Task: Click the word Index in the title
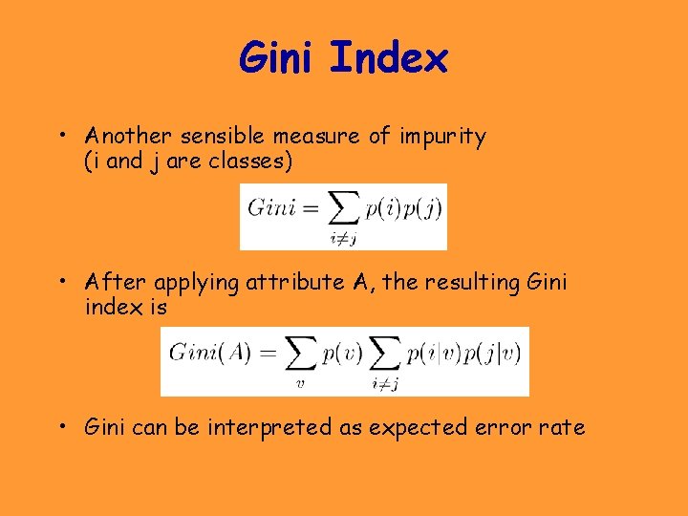(x=388, y=58)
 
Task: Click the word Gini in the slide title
(x=277, y=58)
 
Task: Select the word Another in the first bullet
(x=124, y=136)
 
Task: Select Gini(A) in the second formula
(x=210, y=353)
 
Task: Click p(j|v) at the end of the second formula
(x=492, y=353)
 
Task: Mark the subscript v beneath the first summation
(x=299, y=384)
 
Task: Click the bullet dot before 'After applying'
(x=60, y=282)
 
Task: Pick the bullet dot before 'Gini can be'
(x=60, y=427)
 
